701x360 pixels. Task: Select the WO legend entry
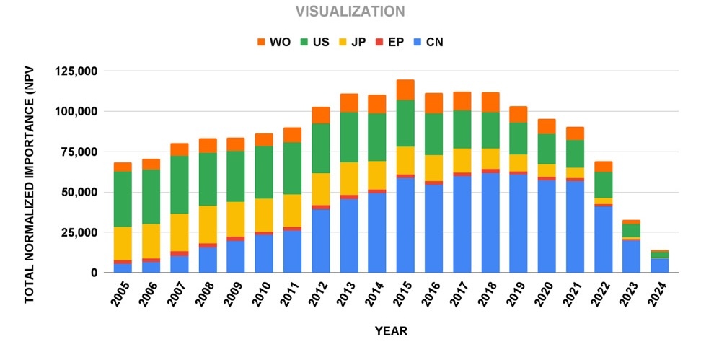[x=272, y=42]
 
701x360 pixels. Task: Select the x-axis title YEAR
[x=391, y=332]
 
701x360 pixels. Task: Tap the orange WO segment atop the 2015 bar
[x=405, y=89]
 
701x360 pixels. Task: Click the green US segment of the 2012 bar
[x=321, y=149]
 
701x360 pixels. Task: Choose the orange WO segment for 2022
[x=604, y=167]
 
